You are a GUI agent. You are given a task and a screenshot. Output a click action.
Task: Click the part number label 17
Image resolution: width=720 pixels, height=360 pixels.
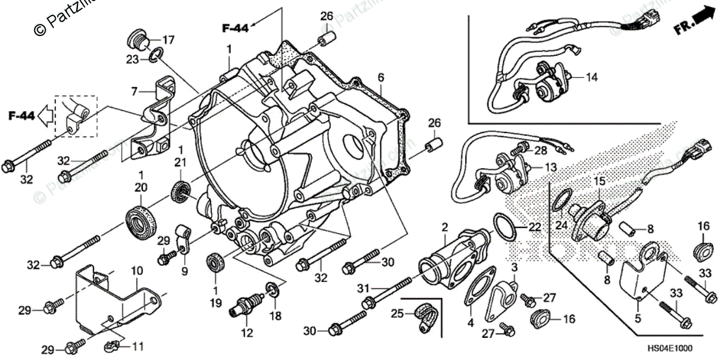coord(167,40)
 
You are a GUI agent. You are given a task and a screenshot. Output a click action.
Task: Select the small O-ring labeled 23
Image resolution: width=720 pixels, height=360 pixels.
coord(154,56)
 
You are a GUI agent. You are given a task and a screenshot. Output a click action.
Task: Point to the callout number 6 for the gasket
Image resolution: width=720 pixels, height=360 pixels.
coord(380,77)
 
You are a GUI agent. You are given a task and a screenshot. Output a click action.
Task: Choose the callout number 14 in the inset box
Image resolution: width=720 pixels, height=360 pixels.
coord(592,77)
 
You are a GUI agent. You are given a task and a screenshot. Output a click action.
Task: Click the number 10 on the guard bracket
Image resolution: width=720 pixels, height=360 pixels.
coord(136,271)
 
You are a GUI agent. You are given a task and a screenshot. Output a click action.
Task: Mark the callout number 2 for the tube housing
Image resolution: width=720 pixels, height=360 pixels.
coord(445,227)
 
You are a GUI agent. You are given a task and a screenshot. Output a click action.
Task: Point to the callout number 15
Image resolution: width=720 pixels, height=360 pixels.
coord(599,180)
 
